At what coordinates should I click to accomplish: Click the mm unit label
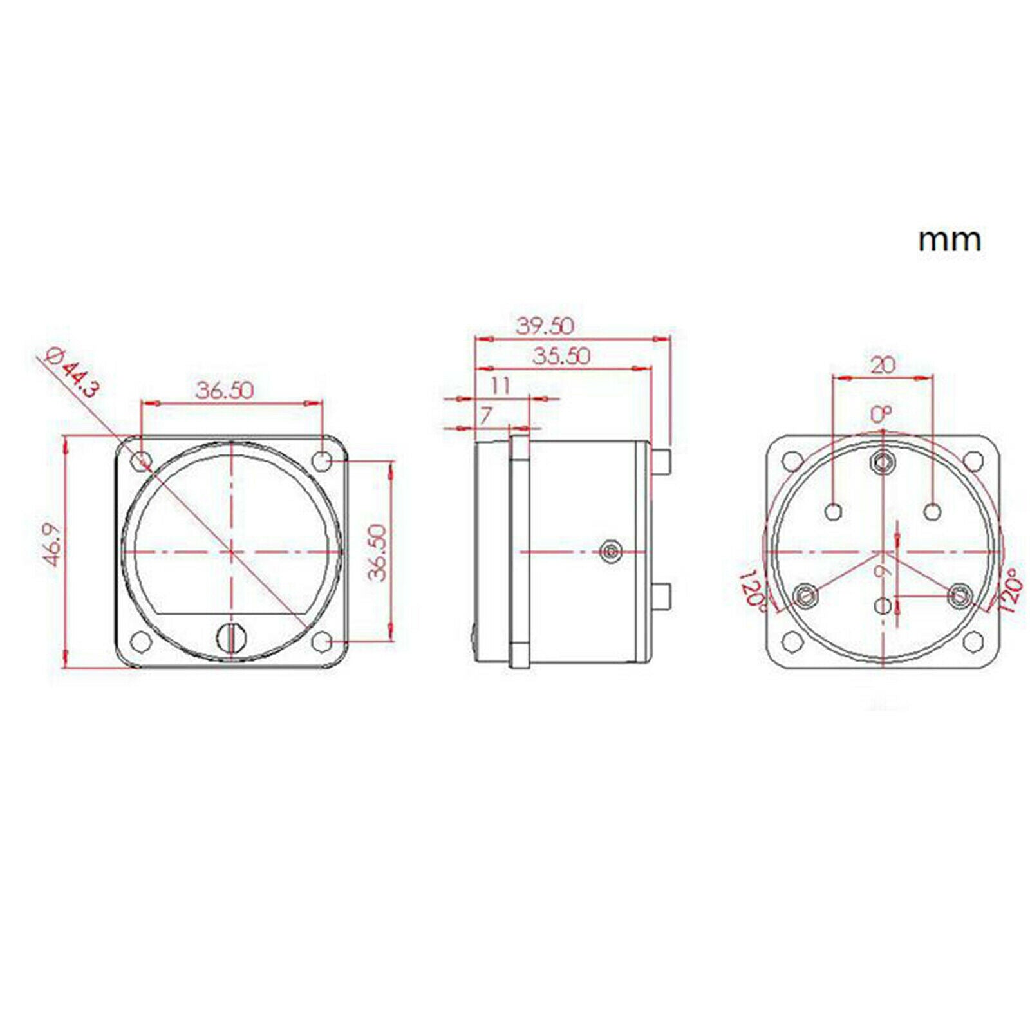(x=950, y=240)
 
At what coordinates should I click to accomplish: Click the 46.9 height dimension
(x=53, y=545)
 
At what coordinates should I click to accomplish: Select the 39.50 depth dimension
(x=545, y=326)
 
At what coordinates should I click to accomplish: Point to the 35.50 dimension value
(x=561, y=356)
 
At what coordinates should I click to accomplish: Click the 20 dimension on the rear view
(x=883, y=366)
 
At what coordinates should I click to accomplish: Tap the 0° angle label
(x=882, y=415)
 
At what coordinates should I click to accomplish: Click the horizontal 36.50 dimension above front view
(x=225, y=390)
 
